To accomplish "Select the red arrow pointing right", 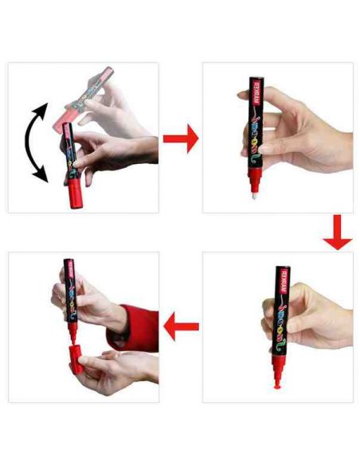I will pos(180,139).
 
